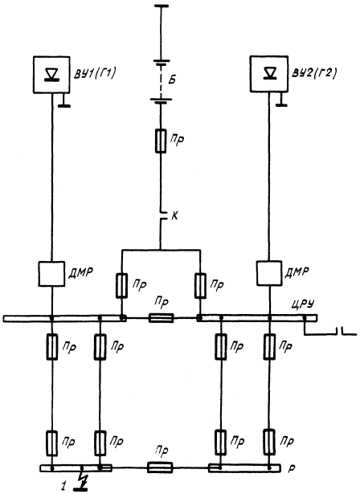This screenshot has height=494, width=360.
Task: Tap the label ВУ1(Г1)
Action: [94, 74]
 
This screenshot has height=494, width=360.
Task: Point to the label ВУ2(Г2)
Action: [313, 73]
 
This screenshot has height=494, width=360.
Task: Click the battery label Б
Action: [172, 80]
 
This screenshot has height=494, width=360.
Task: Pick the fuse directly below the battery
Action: [161, 141]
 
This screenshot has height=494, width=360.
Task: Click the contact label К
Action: [175, 217]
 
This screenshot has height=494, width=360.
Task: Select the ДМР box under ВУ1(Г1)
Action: [51, 274]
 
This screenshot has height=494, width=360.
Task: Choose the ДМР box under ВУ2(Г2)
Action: [269, 273]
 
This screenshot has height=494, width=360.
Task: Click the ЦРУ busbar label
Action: [303, 305]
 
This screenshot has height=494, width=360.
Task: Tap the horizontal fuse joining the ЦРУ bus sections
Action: [161, 318]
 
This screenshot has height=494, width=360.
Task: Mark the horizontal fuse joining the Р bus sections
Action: [160, 467]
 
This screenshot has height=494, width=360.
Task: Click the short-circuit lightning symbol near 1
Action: [84, 480]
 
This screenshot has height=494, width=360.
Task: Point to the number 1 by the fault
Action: [64, 486]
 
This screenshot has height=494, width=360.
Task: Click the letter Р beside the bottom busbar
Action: [291, 469]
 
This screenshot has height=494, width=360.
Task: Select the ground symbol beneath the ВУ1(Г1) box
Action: [64, 101]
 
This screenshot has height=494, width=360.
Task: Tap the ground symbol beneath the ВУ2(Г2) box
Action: [281, 100]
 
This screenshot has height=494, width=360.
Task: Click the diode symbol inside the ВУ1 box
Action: [51, 75]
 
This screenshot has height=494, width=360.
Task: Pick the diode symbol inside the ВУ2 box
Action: [268, 73]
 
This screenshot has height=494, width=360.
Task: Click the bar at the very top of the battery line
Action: [160, 6]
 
